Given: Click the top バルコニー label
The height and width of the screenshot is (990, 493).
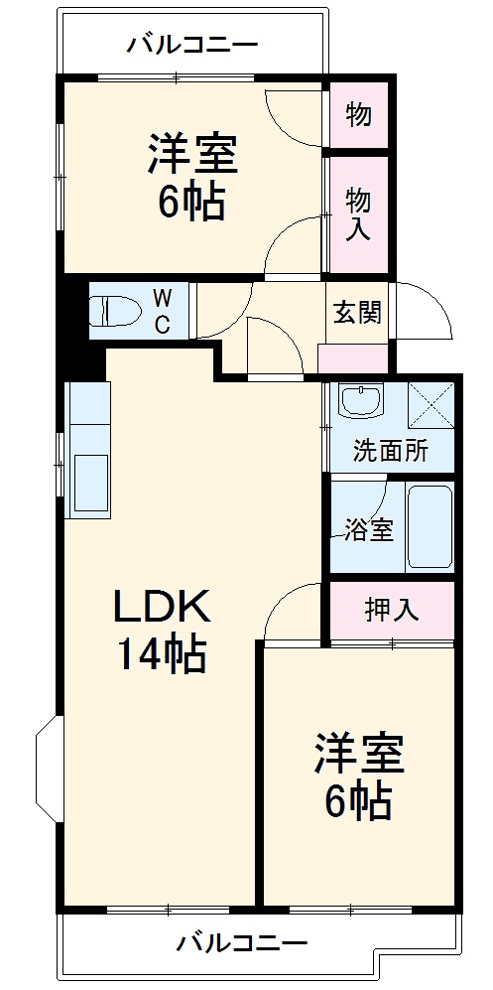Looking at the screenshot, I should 192,44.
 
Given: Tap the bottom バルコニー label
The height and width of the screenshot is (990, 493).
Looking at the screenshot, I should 242,941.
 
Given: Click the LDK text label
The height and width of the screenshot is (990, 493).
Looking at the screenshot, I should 161,606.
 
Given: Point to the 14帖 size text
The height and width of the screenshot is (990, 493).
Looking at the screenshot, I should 162,654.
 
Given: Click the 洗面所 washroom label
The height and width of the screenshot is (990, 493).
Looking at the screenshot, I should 391,451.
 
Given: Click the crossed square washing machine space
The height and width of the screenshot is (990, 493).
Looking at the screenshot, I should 431,404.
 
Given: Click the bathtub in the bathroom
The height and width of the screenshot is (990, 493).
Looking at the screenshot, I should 430,526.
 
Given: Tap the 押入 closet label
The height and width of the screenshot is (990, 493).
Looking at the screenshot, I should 391,609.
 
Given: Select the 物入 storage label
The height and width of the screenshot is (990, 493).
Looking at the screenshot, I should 358,214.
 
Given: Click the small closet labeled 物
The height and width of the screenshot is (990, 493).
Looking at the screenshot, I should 358,115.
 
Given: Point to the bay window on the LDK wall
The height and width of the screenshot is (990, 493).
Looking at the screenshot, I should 47,769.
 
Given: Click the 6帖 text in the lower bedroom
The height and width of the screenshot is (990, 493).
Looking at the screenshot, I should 358,800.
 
